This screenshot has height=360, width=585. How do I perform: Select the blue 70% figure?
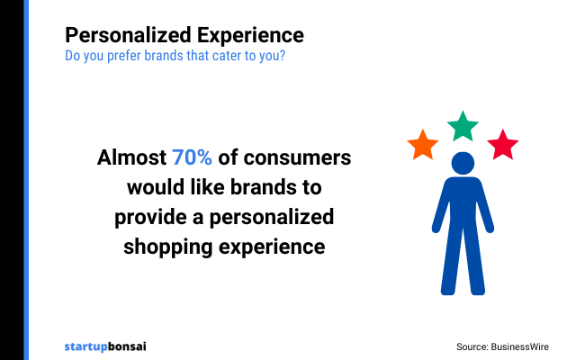click(x=192, y=158)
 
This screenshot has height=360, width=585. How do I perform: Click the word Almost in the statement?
click(x=131, y=158)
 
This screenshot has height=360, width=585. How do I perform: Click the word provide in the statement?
click(x=148, y=217)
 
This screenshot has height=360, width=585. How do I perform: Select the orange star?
click(x=422, y=145)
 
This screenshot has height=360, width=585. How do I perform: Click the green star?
click(x=463, y=127)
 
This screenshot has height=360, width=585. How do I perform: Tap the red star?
click(x=502, y=144)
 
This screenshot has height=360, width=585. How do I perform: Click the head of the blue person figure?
click(x=463, y=164)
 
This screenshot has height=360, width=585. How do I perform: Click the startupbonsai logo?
click(x=105, y=346)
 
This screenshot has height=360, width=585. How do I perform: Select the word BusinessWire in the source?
click(x=521, y=346)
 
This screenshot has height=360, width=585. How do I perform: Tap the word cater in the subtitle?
click(x=222, y=55)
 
